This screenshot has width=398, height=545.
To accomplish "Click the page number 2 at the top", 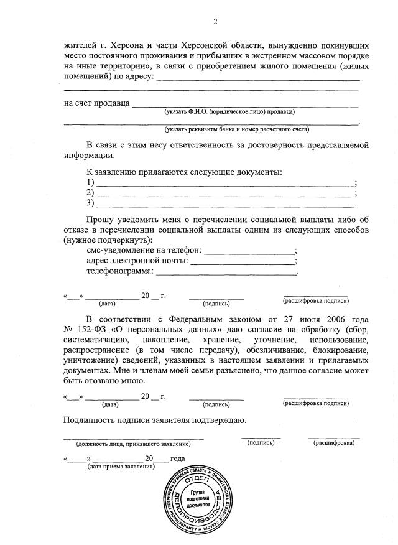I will point(215,22).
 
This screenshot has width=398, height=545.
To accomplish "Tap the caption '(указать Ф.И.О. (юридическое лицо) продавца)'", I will point(229,113).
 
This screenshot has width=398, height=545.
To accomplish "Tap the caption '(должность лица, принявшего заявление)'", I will point(133,444).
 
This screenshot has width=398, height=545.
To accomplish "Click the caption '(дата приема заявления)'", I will point(121,466).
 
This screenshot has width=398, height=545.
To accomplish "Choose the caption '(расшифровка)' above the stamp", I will point(334,444).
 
